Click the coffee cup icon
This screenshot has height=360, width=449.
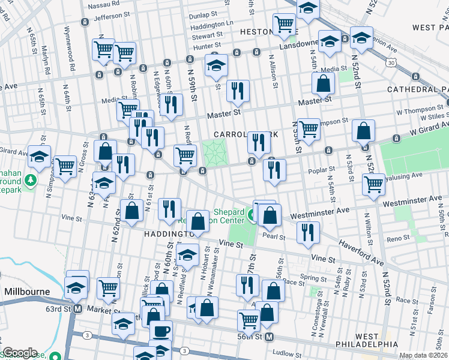point(160,331)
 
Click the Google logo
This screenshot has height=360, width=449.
point(20,353)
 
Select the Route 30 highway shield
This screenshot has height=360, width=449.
point(391,62)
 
